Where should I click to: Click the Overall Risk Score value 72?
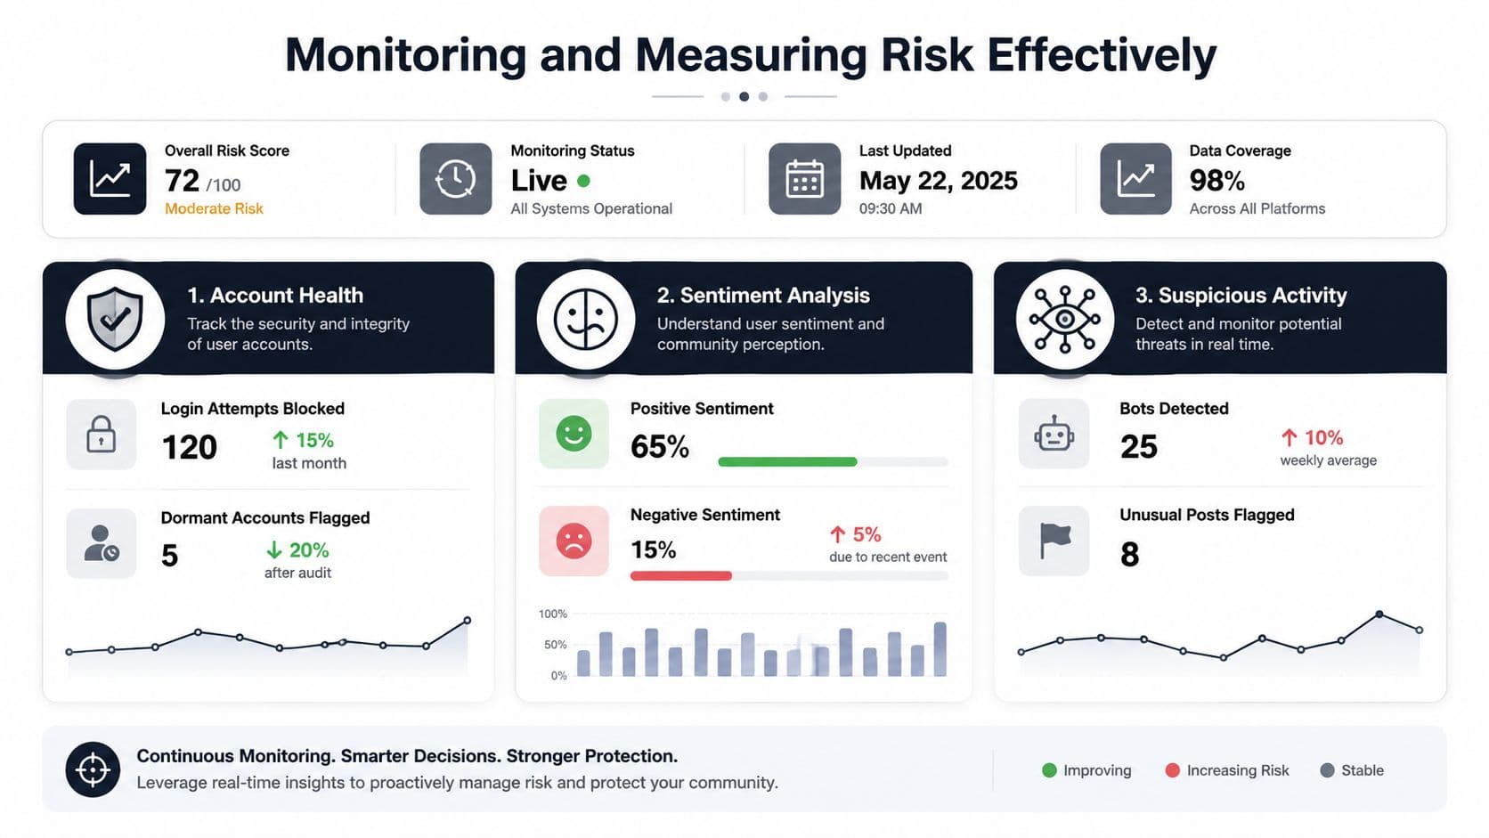click(183, 181)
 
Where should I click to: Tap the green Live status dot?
click(583, 181)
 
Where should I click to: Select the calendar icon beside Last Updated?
click(804, 179)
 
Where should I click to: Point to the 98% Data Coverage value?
click(1216, 181)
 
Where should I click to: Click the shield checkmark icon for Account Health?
click(115, 319)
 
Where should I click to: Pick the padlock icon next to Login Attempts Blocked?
click(101, 435)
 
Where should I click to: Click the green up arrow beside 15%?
click(281, 439)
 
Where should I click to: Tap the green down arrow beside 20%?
click(274, 549)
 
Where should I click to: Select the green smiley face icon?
click(574, 434)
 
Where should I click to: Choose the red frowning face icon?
click(574, 541)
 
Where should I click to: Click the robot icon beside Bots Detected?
click(1054, 435)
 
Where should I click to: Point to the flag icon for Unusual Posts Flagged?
click(1055, 541)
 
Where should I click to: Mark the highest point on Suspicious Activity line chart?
click(1379, 614)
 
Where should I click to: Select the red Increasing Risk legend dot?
click(1173, 770)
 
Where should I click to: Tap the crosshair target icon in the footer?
click(93, 769)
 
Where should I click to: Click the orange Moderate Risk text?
click(214, 208)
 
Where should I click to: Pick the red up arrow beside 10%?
click(1289, 437)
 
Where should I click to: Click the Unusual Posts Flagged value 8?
click(1129, 554)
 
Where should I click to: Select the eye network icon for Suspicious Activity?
click(1065, 319)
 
